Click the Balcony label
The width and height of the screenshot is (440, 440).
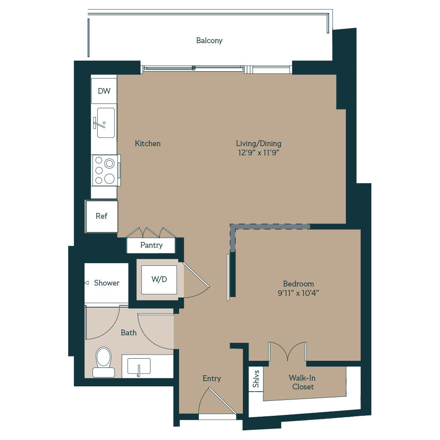(x=209, y=40)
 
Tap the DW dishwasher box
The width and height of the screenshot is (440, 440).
(x=104, y=91)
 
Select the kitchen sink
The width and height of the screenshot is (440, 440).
(x=106, y=123)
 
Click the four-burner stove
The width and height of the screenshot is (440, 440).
(x=105, y=170)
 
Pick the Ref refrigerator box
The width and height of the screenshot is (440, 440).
(x=102, y=216)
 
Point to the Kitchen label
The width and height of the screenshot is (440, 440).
(x=147, y=143)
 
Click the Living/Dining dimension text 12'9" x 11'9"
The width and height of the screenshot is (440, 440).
(x=258, y=153)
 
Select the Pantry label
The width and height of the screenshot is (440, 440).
(x=151, y=245)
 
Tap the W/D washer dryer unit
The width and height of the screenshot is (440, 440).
(x=159, y=279)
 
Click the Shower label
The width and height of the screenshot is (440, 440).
(x=106, y=283)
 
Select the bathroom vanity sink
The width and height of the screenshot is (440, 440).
(x=139, y=367)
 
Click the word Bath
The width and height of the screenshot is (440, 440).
(x=128, y=333)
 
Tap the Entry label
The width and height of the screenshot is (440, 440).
(x=212, y=378)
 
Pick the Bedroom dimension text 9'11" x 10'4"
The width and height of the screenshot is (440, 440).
(x=298, y=293)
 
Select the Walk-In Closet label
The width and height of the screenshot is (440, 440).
(x=302, y=382)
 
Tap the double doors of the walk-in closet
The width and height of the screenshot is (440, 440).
(x=287, y=352)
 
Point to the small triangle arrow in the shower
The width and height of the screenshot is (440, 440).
(x=87, y=283)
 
